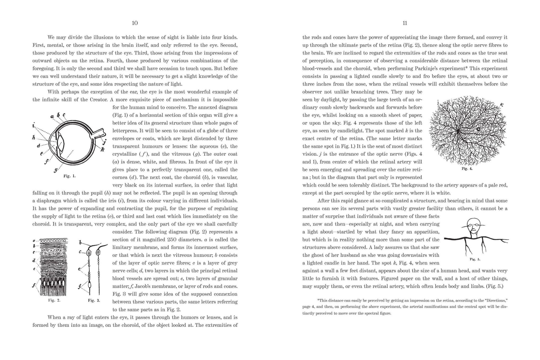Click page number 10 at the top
coord(134,23)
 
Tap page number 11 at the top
coord(405,23)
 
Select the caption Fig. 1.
coord(70,176)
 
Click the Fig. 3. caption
coord(94,300)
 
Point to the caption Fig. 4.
coord(467,169)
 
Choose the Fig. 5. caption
coord(475,259)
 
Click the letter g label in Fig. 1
coord(56,170)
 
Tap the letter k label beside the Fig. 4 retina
coord(502,105)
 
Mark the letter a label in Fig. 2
coord(34,241)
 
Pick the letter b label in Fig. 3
coord(80,243)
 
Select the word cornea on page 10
coord(121,177)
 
